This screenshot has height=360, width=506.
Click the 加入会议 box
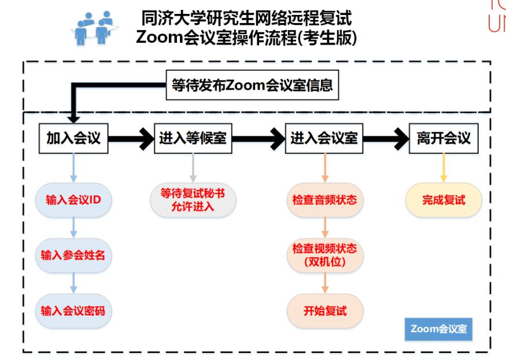click(x=73, y=138)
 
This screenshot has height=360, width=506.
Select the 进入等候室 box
click(x=193, y=138)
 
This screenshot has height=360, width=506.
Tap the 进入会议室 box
click(x=324, y=138)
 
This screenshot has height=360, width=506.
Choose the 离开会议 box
click(x=444, y=138)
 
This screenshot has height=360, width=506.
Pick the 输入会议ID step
click(x=73, y=200)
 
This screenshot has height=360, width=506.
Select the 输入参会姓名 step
click(x=73, y=255)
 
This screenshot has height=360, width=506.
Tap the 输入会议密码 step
click(x=73, y=310)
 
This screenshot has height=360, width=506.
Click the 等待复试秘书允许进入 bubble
click(x=193, y=200)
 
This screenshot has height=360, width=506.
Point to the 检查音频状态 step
click(x=324, y=200)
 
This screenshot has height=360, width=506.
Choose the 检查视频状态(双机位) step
click(x=324, y=255)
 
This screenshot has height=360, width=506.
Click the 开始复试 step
click(x=324, y=310)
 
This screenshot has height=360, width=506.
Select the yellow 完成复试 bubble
click(x=444, y=200)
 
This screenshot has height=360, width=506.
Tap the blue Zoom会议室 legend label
click(x=438, y=329)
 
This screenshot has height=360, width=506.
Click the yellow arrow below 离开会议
click(x=444, y=168)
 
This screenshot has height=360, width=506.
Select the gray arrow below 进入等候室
click(x=193, y=168)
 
